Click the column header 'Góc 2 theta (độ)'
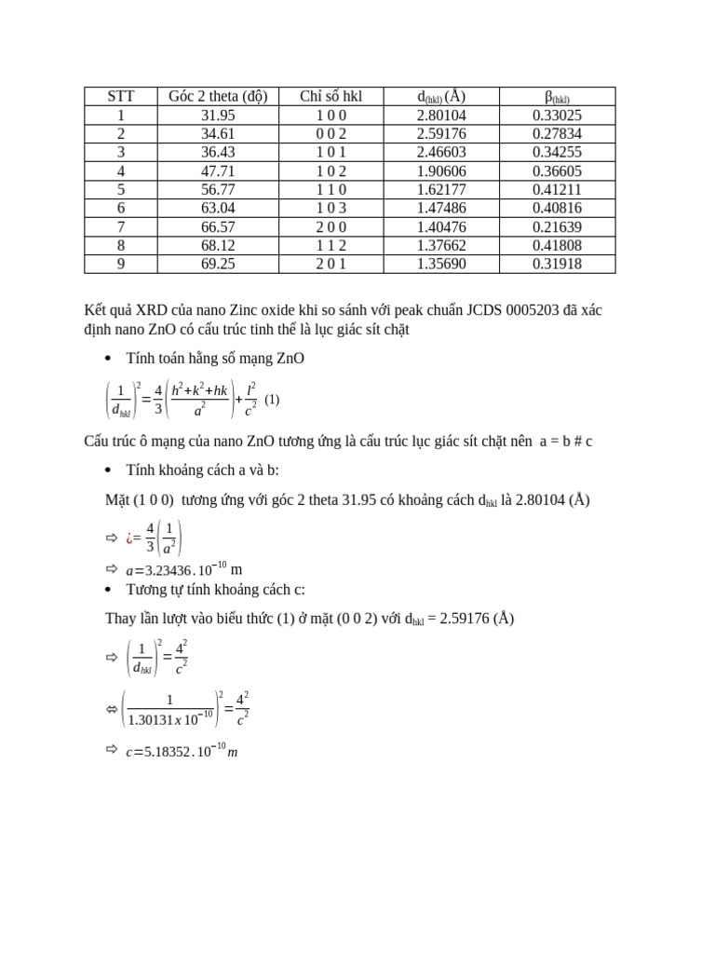(217, 97)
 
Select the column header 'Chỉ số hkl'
(331, 97)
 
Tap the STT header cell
(120, 97)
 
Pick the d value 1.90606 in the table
(441, 171)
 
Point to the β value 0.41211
(557, 190)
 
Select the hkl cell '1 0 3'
(331, 209)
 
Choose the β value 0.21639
(557, 227)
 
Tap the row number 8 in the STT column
(120, 246)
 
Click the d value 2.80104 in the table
(441, 116)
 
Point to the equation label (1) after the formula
(272, 400)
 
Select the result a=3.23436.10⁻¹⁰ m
(183, 568)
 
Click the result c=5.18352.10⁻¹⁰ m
(182, 751)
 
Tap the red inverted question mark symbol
(129, 538)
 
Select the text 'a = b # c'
(565, 442)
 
